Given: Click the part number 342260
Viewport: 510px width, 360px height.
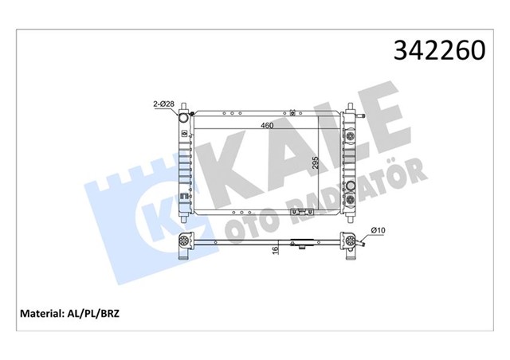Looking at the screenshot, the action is [439, 51].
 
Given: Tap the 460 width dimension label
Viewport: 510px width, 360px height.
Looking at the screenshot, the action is [267, 125].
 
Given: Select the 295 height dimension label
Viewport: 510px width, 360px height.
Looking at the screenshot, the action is [315, 162].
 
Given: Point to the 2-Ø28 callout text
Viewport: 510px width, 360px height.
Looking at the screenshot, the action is [164, 104].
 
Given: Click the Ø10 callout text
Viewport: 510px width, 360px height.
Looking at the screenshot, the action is [378, 230].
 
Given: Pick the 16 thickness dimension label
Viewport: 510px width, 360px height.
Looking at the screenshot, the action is [275, 250].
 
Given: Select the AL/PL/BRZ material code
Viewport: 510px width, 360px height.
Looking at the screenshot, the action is [93, 314].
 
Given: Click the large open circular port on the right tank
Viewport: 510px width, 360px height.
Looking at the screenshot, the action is [351, 186].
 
